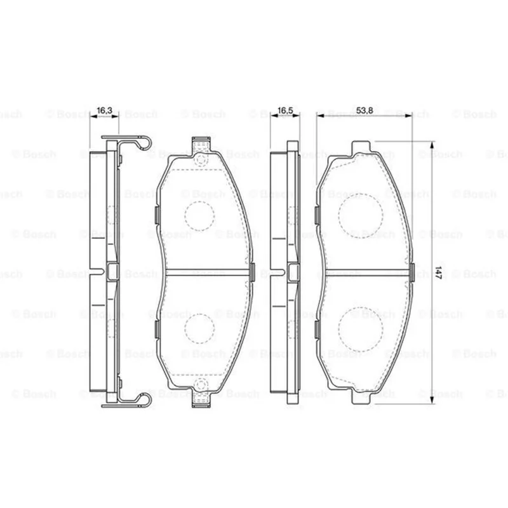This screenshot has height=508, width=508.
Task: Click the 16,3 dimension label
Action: pos(104,110)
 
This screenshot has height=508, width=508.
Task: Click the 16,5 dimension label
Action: pos(285,110)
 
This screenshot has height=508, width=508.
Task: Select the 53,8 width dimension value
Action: pos(364,110)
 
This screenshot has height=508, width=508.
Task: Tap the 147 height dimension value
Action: pos(438,273)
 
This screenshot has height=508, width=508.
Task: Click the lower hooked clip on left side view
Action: pos(143,401)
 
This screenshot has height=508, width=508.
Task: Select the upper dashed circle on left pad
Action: pos(199,216)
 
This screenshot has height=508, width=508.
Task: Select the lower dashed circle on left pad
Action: pos(199,328)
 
